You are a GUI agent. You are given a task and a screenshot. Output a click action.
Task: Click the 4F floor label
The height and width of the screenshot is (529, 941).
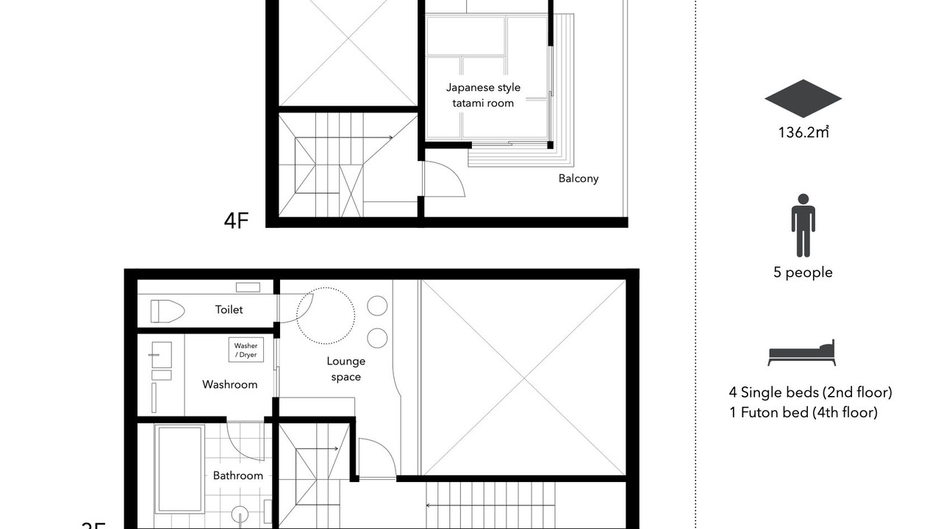[x=236, y=220]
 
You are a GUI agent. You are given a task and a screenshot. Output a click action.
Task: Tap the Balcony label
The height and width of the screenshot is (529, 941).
[x=578, y=179]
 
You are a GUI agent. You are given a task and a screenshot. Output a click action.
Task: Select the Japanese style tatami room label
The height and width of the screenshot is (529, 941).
[x=483, y=96]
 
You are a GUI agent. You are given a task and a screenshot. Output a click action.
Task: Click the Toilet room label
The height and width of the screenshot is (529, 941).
[x=229, y=309]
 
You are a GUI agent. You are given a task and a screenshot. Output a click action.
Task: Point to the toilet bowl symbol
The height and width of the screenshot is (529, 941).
[x=167, y=311]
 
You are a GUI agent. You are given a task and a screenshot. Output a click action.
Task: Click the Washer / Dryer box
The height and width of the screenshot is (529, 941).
[x=246, y=350]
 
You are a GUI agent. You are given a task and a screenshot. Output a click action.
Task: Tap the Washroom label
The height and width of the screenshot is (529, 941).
[x=229, y=384]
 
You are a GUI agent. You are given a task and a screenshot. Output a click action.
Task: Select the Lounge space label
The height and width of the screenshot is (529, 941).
[x=346, y=369]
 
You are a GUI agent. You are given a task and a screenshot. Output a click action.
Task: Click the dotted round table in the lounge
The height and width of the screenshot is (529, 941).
[x=326, y=288]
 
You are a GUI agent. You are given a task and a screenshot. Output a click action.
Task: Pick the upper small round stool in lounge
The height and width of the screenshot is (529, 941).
[x=377, y=306]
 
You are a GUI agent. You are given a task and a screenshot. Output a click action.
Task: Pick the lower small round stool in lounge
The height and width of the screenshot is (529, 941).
[x=377, y=338]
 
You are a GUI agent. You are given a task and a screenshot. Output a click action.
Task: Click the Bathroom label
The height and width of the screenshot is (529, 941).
[x=237, y=475]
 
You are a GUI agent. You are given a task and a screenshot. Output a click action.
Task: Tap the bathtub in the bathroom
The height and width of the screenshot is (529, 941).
[x=179, y=469]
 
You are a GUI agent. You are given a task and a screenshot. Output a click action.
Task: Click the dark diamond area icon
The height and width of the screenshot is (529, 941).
[x=804, y=98]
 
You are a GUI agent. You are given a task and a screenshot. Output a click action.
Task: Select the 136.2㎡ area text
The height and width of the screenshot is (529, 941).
[x=804, y=132]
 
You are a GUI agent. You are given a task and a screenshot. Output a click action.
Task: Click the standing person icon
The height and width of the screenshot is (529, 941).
[x=804, y=226]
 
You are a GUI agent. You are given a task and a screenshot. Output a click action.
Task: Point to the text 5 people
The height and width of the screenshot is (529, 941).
[x=804, y=272]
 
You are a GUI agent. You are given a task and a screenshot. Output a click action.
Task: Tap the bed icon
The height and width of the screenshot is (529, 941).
[x=801, y=353]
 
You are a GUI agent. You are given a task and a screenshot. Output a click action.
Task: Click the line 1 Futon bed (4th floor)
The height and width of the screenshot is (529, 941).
[x=804, y=412]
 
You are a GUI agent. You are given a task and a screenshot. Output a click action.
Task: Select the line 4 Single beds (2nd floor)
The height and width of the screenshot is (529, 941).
[x=810, y=392]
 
